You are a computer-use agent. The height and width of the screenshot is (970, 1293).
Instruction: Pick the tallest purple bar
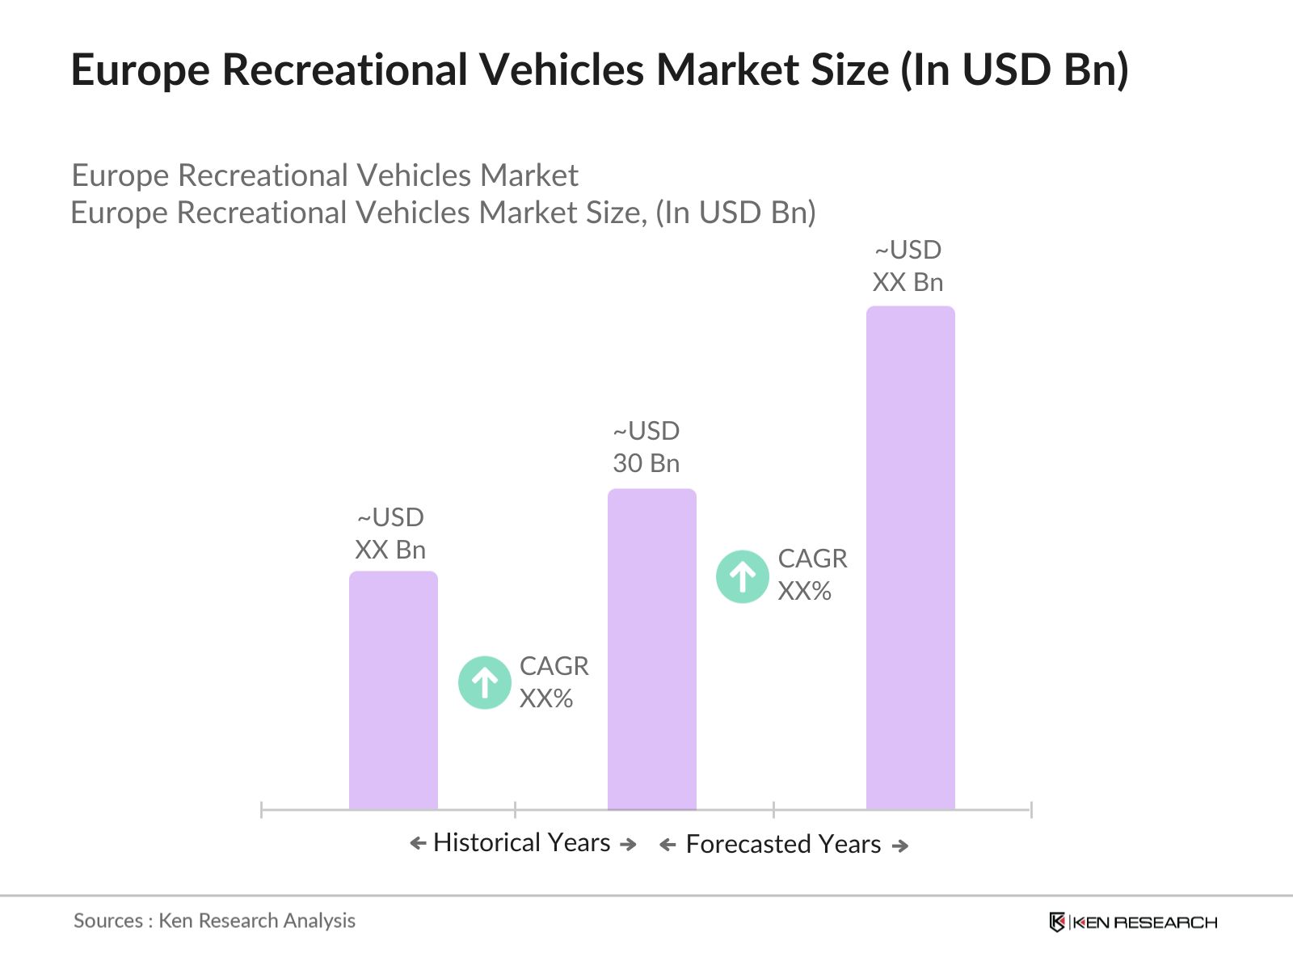tap(910, 557)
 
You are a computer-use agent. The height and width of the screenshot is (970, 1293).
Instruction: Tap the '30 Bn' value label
tap(646, 463)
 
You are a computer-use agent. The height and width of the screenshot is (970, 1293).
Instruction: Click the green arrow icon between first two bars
tap(485, 682)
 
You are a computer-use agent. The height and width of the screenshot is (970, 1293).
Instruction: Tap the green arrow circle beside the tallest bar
tap(742, 576)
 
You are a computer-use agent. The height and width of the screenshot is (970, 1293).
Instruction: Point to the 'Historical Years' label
tap(521, 842)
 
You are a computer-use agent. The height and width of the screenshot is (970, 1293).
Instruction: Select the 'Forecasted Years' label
tap(782, 844)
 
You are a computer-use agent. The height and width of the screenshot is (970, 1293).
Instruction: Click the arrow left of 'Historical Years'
tap(418, 844)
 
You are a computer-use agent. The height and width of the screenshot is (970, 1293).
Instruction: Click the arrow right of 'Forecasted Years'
tap(899, 846)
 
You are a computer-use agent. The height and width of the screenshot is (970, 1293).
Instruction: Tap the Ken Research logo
tap(1132, 922)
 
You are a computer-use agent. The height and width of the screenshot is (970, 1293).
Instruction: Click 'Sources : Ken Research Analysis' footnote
tap(214, 921)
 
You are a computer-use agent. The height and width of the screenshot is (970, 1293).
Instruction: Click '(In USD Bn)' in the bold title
tap(1014, 70)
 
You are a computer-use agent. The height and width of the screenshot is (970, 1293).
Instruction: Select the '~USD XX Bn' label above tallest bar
tap(908, 266)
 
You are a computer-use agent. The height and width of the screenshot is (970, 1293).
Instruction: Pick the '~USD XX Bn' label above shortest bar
tap(390, 533)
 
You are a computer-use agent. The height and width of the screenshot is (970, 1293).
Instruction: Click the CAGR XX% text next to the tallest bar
tap(811, 575)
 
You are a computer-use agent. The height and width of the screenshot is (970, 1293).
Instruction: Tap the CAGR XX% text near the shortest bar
tap(554, 682)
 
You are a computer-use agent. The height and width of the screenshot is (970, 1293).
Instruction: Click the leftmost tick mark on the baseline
tap(262, 809)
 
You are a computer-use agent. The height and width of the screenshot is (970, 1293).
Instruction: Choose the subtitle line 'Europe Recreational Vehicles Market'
tap(325, 175)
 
